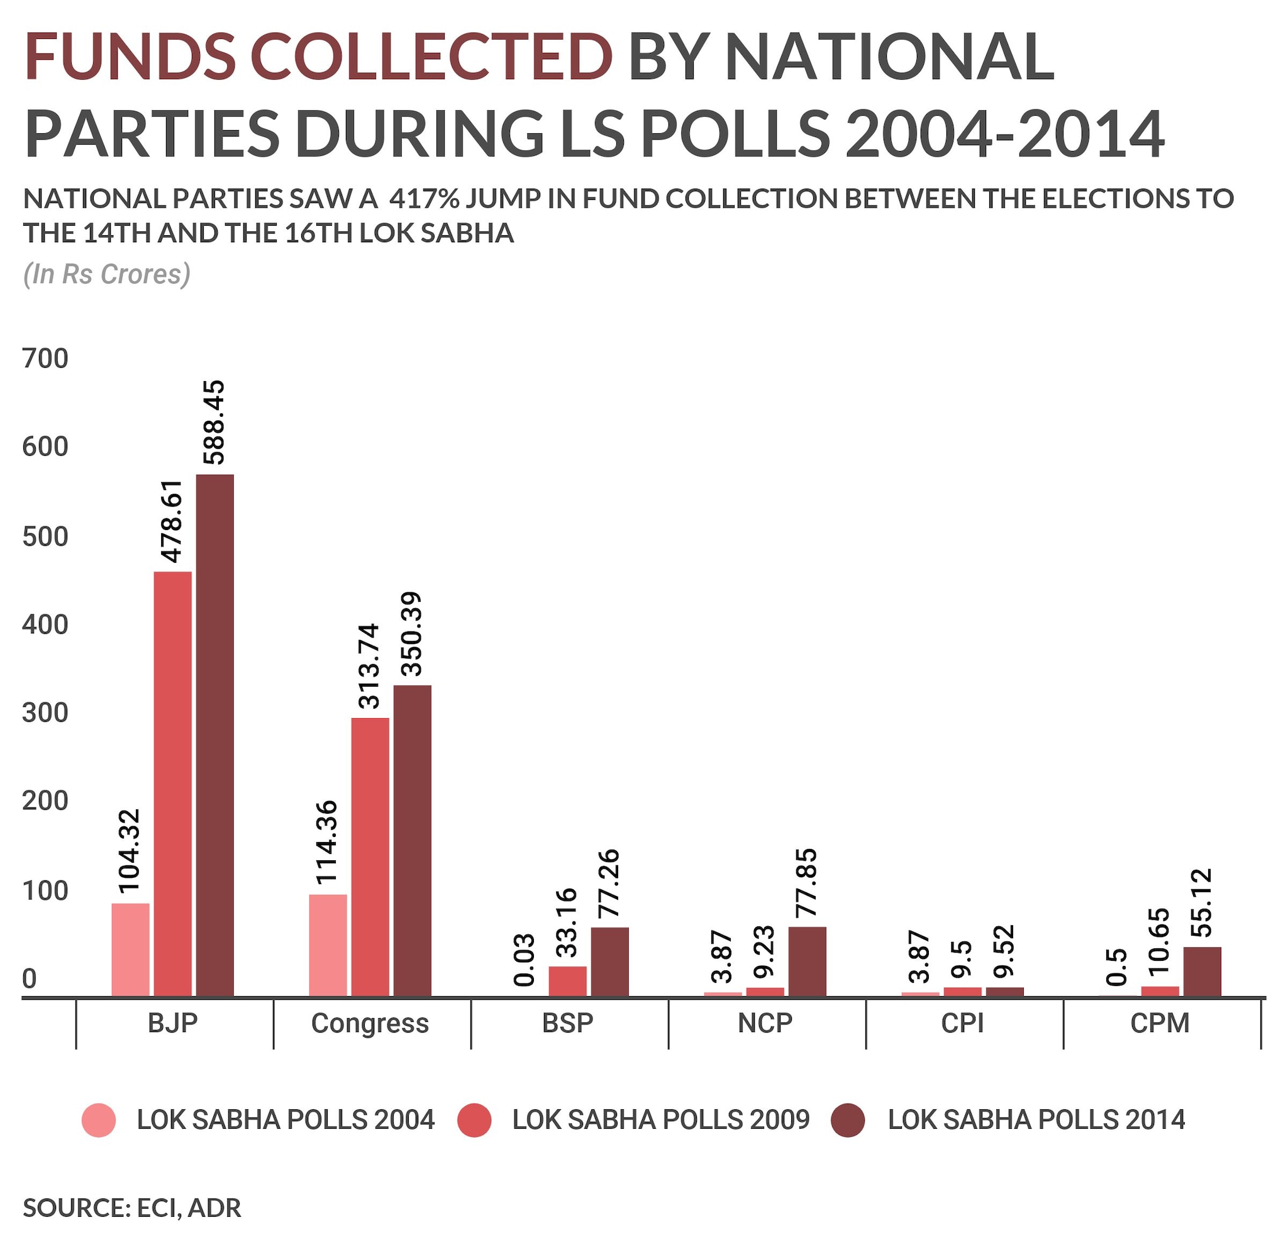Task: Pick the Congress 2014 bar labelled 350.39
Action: coord(413,840)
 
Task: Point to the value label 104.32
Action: coord(130,850)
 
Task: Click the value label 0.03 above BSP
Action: coord(525,960)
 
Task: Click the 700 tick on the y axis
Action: coord(45,358)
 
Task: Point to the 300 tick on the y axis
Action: coord(45,713)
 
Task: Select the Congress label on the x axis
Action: coord(370,1024)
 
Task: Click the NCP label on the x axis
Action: coord(765,1024)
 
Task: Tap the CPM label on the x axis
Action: coord(1160,1024)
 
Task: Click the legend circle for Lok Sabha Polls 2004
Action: coord(99,1119)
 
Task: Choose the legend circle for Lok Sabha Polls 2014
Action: coord(848,1119)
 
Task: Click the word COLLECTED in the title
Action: coord(431,57)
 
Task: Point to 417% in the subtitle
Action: coord(423,199)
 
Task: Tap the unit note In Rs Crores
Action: coord(106,274)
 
